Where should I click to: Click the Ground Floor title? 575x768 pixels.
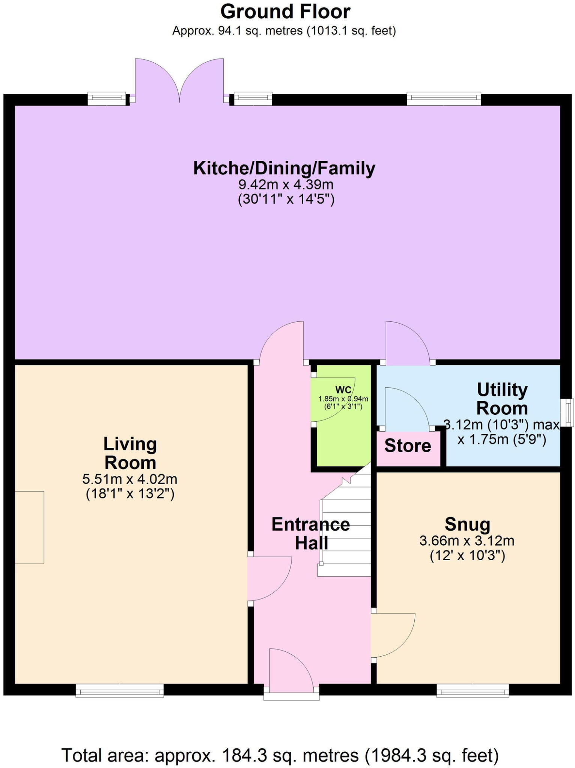click(285, 12)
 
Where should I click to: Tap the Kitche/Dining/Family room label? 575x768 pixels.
click(284, 168)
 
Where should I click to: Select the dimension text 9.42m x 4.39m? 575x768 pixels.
click(286, 185)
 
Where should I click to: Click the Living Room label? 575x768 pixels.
click(130, 453)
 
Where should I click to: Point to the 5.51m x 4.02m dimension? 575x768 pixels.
click(130, 479)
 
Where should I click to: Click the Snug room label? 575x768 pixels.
click(467, 524)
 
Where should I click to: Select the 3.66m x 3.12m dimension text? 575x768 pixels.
click(467, 541)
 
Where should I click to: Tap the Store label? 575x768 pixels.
click(408, 446)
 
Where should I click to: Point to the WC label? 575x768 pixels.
click(343, 389)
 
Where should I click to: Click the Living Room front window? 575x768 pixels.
click(120, 690)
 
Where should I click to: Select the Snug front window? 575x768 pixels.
click(473, 690)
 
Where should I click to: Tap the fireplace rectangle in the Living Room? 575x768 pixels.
click(30, 527)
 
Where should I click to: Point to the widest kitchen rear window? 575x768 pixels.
click(444, 99)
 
